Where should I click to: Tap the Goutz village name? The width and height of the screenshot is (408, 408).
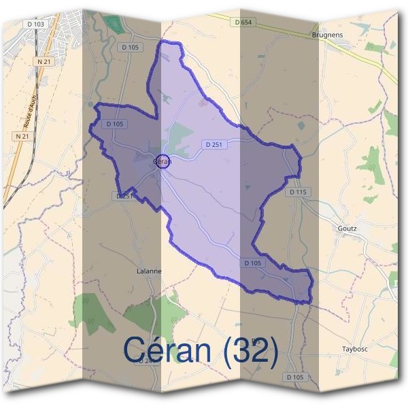tap(347, 228)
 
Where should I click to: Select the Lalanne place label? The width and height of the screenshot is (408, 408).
tap(149, 271)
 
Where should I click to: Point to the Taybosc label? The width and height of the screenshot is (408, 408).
tap(355, 350)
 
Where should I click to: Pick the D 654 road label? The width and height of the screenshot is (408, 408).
tap(243, 22)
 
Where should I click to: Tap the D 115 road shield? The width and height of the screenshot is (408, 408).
tap(298, 192)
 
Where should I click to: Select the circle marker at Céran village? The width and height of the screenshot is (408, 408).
tap(163, 161)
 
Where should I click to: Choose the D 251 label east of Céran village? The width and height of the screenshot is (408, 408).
tap(213, 144)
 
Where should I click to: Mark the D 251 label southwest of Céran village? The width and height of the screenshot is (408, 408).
tap(123, 196)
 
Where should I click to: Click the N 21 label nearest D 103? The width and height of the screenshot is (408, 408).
tap(44, 61)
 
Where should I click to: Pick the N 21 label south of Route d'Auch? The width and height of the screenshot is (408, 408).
tap(22, 137)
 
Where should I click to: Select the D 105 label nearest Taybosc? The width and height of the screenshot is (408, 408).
tap(295, 377)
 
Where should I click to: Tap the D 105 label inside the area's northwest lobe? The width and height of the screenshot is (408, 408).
tap(114, 124)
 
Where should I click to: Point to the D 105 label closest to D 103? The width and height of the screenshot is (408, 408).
tap(129, 47)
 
